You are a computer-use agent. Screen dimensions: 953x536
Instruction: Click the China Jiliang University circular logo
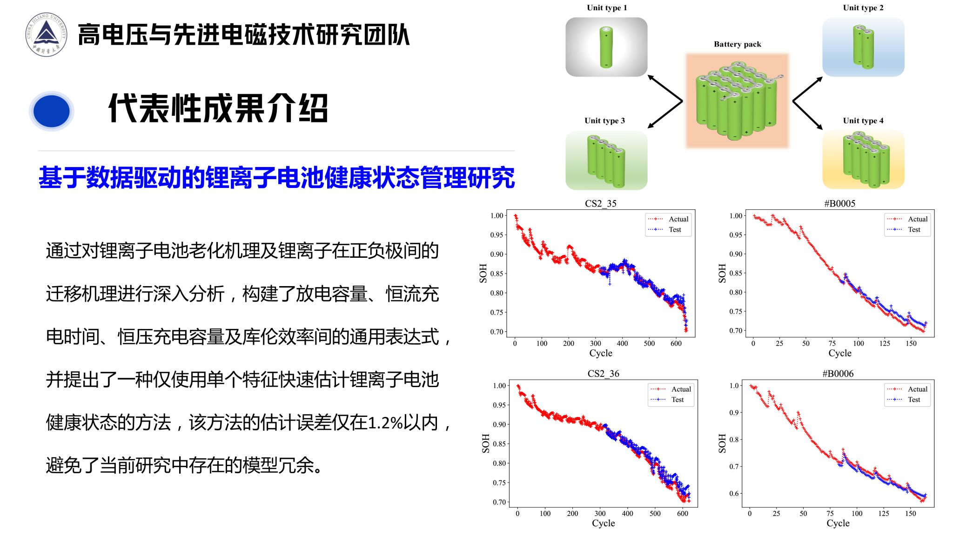(x=46, y=34)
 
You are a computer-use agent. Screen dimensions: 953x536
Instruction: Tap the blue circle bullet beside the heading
(x=52, y=111)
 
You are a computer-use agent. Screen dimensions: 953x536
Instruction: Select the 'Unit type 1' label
(x=607, y=7)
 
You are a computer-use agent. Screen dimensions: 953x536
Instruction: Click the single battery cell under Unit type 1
(x=606, y=47)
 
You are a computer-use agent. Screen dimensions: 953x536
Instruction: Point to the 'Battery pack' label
(x=738, y=44)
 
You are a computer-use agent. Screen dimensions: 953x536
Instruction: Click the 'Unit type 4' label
(x=863, y=121)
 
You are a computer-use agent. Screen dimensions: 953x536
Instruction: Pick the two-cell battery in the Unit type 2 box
(x=863, y=47)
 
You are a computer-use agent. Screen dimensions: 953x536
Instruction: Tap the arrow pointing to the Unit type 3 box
(x=665, y=114)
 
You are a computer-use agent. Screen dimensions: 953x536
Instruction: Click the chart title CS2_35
(x=601, y=203)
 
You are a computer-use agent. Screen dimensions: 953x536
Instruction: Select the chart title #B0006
(x=838, y=374)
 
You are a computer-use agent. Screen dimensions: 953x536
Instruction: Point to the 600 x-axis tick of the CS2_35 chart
(x=676, y=343)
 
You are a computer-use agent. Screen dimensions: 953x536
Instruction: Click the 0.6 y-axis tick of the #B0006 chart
(x=734, y=493)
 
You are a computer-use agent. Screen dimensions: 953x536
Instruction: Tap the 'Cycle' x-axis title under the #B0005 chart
(x=840, y=353)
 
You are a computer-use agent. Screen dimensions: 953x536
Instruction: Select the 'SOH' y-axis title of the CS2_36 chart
(x=486, y=443)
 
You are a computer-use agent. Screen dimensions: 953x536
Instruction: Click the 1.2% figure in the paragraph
(x=385, y=423)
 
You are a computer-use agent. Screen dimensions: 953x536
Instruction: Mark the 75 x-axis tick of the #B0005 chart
(x=832, y=343)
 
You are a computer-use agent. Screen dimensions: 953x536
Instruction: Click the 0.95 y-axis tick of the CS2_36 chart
(x=499, y=405)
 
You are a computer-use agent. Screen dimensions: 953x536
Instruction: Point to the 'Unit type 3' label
(x=604, y=121)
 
